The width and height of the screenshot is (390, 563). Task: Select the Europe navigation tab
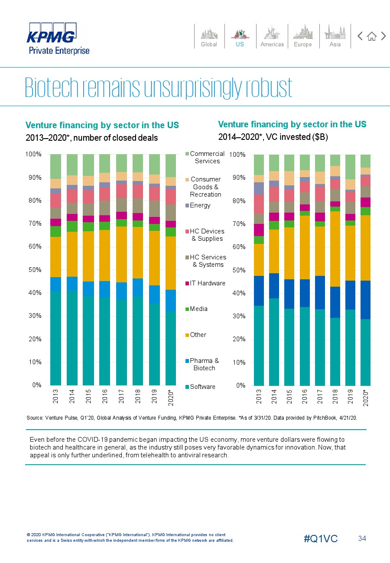click(x=303, y=36)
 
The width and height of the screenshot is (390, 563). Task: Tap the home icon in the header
click(x=372, y=36)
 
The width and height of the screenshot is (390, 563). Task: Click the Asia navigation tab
click(x=335, y=36)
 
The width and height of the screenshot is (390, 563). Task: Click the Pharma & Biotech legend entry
click(x=202, y=364)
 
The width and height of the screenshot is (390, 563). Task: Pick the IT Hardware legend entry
click(x=205, y=283)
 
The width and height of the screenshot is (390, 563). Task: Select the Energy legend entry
click(x=198, y=205)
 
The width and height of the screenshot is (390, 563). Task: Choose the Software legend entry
click(x=200, y=387)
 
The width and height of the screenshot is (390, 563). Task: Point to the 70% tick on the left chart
click(x=35, y=223)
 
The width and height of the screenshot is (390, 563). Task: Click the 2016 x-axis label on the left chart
click(x=105, y=396)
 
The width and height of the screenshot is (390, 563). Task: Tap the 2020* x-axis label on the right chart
click(x=366, y=398)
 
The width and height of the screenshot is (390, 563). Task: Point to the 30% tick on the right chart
click(x=239, y=316)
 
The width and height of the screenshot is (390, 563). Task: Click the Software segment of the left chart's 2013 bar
click(x=55, y=338)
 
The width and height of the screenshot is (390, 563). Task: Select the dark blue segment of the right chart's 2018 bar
click(x=335, y=302)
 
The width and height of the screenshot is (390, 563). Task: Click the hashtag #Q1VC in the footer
click(x=321, y=538)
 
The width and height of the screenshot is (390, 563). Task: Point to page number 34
click(x=362, y=538)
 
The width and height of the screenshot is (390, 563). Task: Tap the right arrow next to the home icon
click(x=383, y=36)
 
